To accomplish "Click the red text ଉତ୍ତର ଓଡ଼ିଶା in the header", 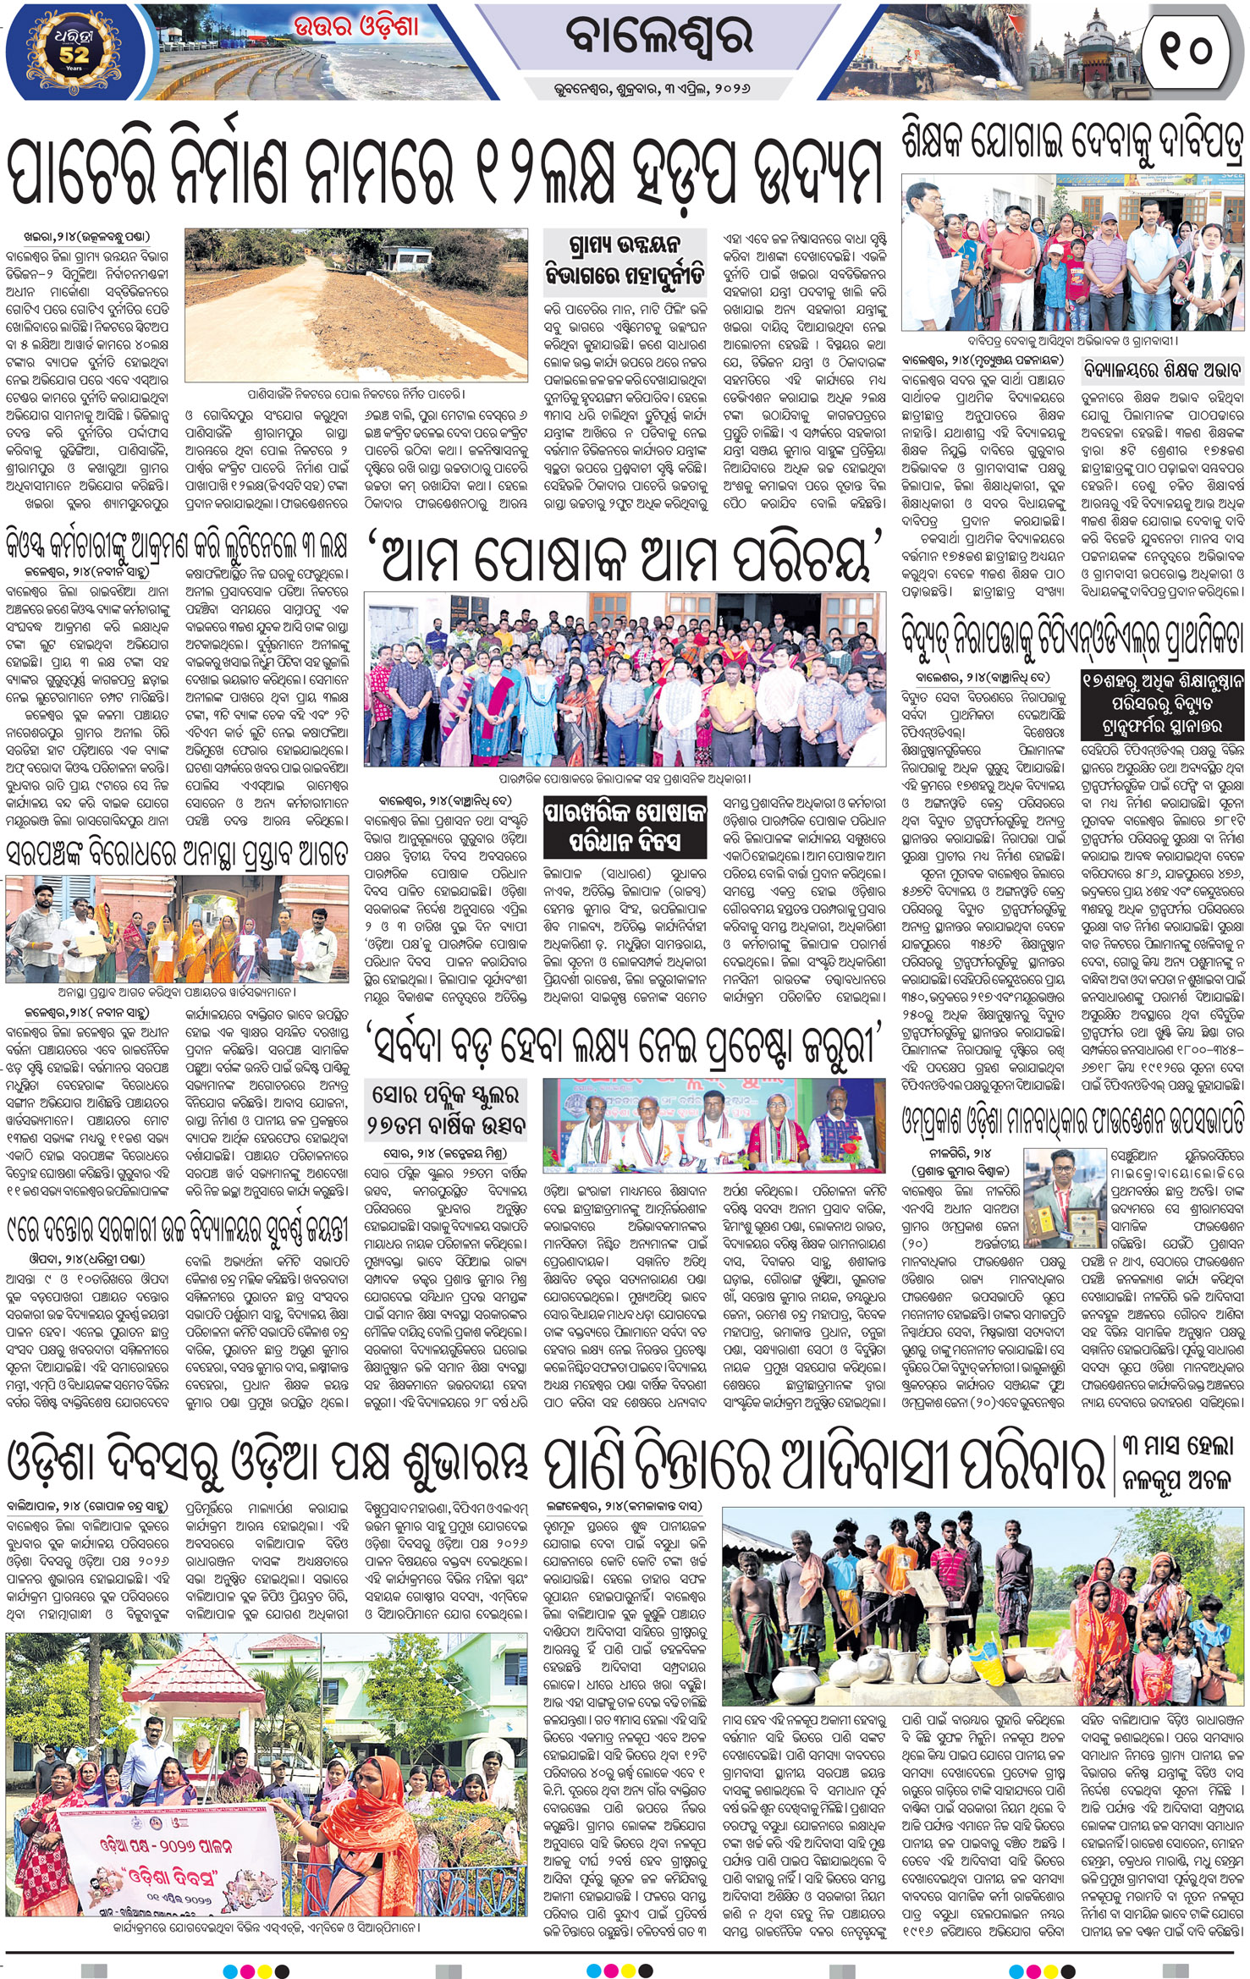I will tap(356, 26).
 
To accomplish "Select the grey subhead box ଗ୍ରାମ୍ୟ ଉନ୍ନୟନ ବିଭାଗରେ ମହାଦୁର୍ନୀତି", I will tap(624, 261).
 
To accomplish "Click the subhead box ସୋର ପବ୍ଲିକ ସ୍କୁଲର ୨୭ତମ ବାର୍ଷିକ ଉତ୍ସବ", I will tap(447, 1112).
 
